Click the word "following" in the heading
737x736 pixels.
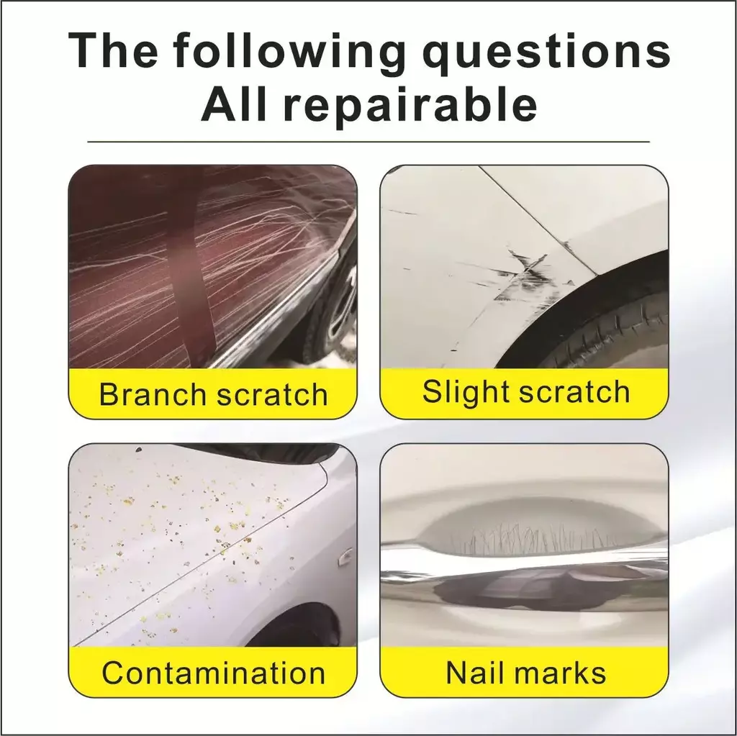coord(289,53)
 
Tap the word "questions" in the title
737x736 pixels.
coord(546,53)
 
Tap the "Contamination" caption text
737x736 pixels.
coord(213,673)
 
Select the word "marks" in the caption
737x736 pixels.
coord(560,672)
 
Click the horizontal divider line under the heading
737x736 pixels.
coord(368,141)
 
